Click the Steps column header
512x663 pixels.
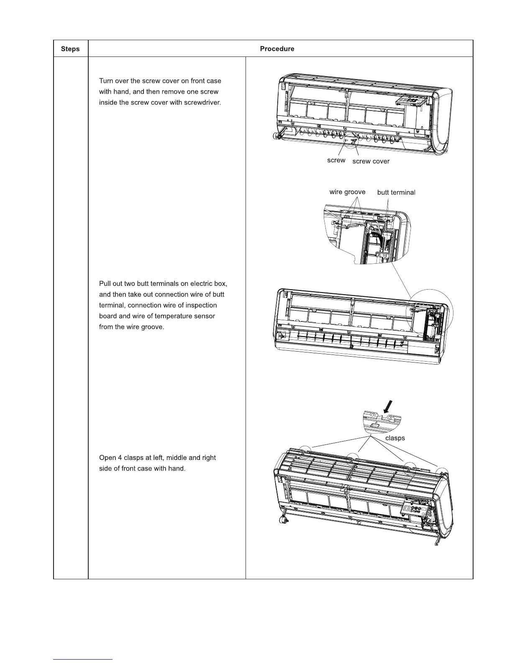click(70, 49)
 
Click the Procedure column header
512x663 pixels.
click(277, 49)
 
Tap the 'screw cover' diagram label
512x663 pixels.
click(371, 162)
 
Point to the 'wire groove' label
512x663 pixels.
click(347, 192)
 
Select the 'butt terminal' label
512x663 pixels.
click(396, 193)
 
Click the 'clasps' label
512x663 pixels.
click(395, 438)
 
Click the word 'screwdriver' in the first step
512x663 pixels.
click(202, 103)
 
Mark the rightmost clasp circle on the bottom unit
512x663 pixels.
click(441, 472)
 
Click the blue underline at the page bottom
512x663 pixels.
click(83, 659)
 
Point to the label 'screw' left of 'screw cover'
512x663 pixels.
click(336, 160)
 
